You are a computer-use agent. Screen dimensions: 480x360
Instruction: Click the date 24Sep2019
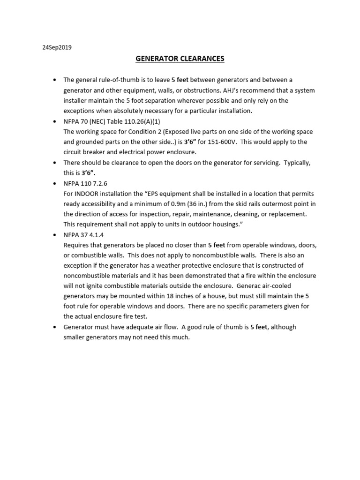click(57, 47)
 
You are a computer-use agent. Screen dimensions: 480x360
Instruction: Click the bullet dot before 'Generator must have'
click(55, 327)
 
